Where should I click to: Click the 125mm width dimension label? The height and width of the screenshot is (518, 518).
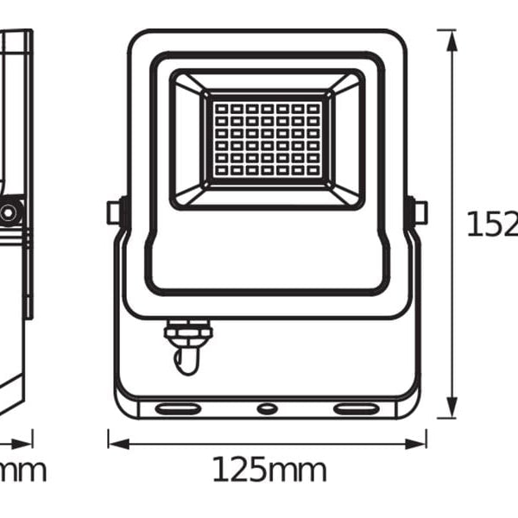(269, 471)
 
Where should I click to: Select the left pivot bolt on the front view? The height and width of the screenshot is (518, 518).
(113, 212)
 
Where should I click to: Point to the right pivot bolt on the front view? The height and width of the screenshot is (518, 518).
(420, 212)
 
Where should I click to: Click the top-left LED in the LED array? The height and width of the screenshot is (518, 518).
(218, 109)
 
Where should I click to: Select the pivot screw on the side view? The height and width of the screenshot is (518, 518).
(9, 212)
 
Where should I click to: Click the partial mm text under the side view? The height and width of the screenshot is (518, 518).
(22, 471)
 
